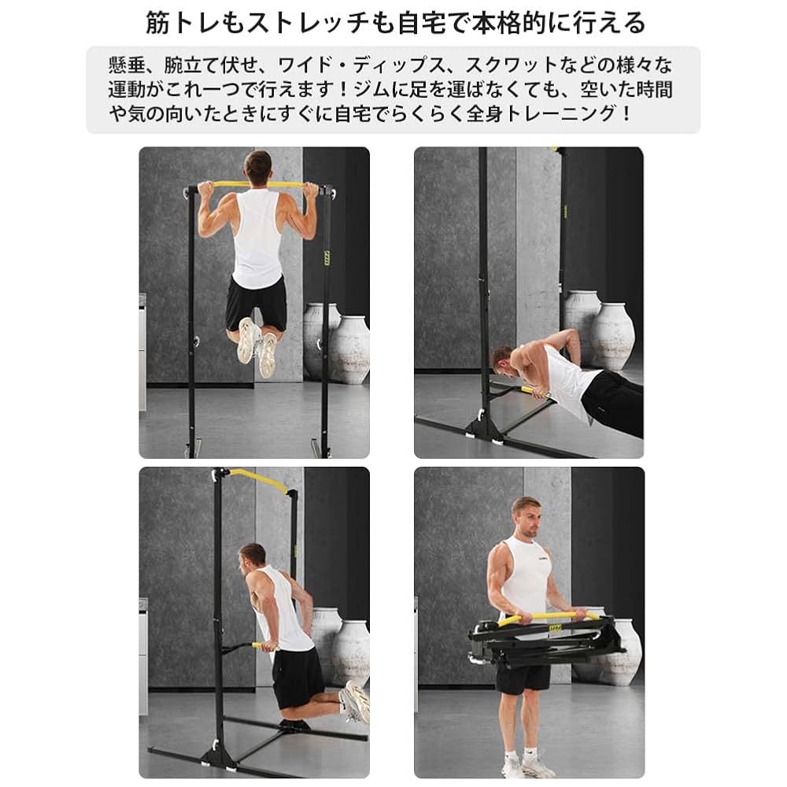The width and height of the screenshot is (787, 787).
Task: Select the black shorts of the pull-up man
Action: pos(257,303)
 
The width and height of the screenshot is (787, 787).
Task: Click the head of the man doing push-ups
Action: pos(504,360)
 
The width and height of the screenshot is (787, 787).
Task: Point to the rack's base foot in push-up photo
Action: pos(483,430)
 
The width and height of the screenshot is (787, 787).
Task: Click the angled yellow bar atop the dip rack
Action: pos(259,479)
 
